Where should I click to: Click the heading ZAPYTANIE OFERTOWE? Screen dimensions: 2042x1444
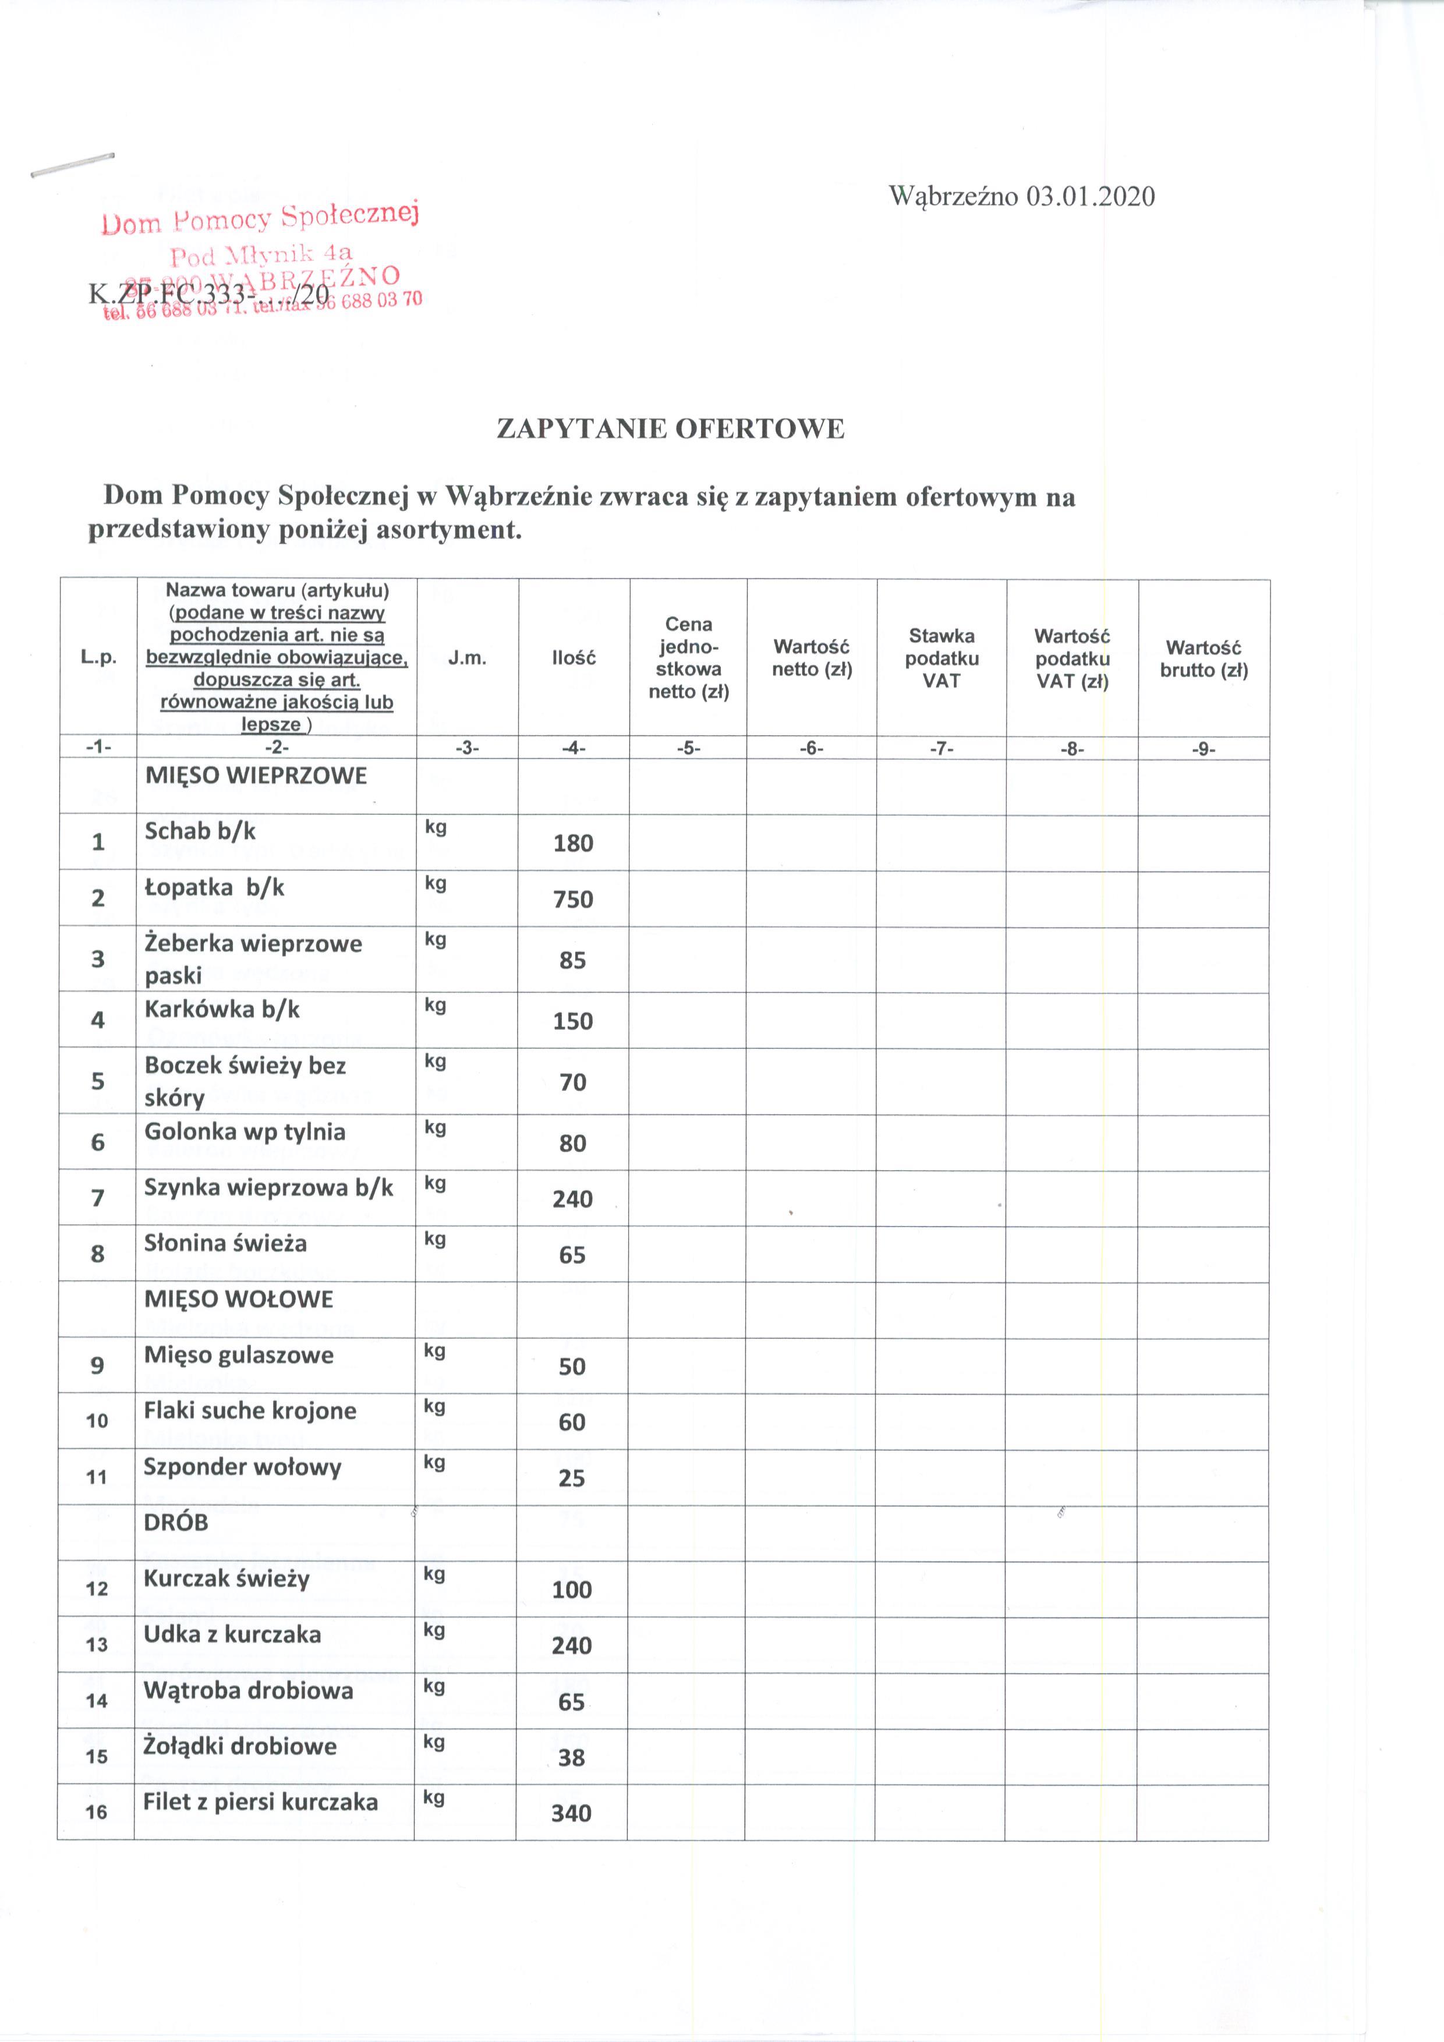670,430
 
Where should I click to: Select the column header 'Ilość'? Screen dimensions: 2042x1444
574,658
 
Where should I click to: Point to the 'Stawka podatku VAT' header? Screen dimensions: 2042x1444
942,658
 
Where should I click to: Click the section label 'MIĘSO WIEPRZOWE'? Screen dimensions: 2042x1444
256,776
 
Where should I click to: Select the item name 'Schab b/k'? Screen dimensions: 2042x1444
200,831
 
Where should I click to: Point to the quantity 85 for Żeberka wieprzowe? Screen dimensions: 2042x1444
572,961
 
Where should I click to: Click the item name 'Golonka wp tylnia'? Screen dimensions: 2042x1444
245,1132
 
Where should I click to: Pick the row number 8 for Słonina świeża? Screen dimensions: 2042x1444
98,1254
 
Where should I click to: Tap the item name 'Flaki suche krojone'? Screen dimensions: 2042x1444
250,1411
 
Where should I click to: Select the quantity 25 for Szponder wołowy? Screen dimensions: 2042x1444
572,1478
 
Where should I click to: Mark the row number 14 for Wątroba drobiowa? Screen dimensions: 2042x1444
97,1701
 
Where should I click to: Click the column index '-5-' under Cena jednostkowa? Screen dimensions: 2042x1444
688,749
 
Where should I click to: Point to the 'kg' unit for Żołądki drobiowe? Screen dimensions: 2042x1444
434,1742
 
